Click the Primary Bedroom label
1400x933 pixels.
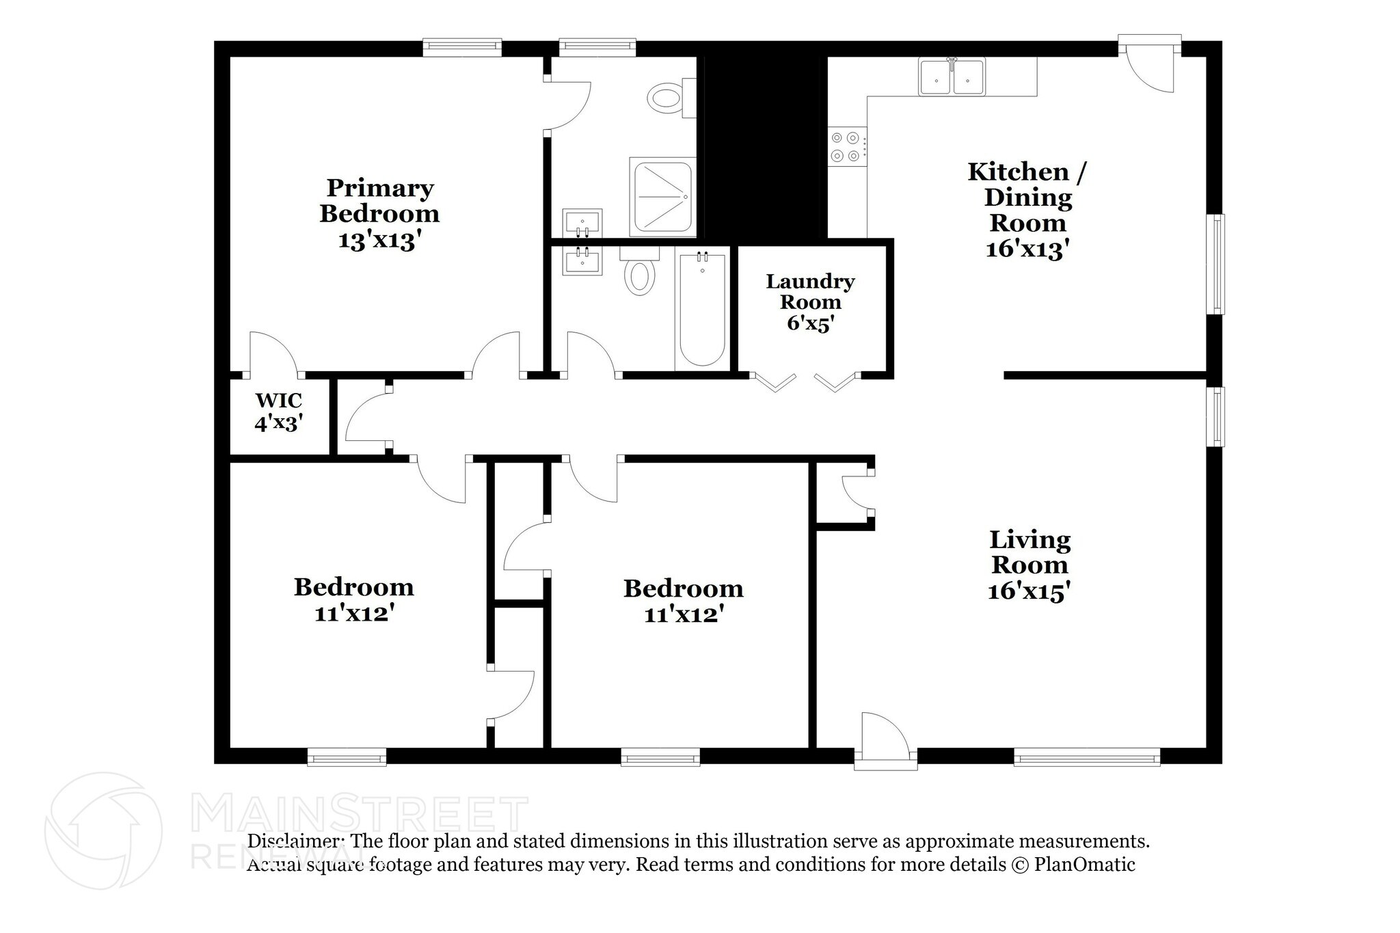point(379,213)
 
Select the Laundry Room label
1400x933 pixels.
point(810,301)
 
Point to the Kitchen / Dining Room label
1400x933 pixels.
point(1027,209)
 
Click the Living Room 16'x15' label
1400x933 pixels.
point(1029,565)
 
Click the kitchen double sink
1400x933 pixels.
point(952,77)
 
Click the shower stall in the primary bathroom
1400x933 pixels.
point(662,196)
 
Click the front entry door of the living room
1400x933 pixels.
point(885,742)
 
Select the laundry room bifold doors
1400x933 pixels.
point(805,381)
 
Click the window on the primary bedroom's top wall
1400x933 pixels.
point(462,46)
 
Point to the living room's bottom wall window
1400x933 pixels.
point(1086,757)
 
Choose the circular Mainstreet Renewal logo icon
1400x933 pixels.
point(104,831)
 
